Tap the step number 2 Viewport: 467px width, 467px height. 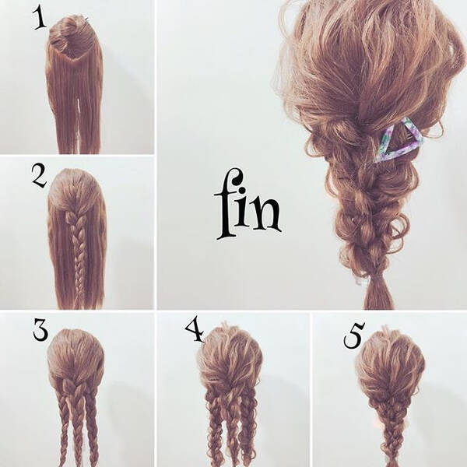40,177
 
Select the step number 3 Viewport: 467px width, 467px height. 40,331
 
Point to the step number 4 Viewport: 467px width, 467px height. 194,331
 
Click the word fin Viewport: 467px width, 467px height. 248,204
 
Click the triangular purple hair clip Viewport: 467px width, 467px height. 399,140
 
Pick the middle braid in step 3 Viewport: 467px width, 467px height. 77,423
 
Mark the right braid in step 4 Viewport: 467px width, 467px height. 248,429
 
